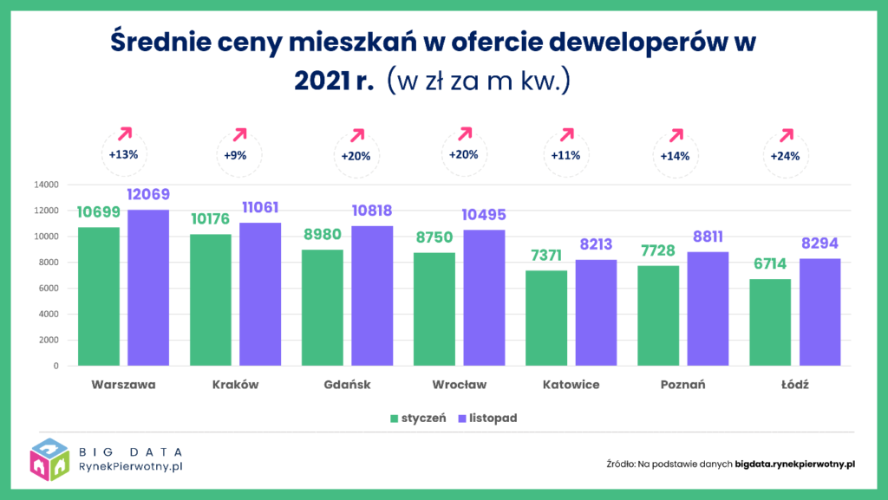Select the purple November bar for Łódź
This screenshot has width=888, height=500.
click(819, 312)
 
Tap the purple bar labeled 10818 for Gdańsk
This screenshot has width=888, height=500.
click(372, 295)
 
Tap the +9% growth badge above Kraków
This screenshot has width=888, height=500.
click(235, 156)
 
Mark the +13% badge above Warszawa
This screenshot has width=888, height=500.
click(123, 155)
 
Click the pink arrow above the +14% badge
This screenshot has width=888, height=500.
click(676, 136)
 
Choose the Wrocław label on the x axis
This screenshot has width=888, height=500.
click(459, 384)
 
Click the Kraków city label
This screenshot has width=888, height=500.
click(235, 384)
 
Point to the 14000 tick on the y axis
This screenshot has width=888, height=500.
click(46, 185)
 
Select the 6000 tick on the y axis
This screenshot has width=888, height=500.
click(49, 289)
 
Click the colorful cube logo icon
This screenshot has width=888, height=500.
click(49, 459)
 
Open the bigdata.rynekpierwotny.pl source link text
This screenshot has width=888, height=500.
click(795, 464)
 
